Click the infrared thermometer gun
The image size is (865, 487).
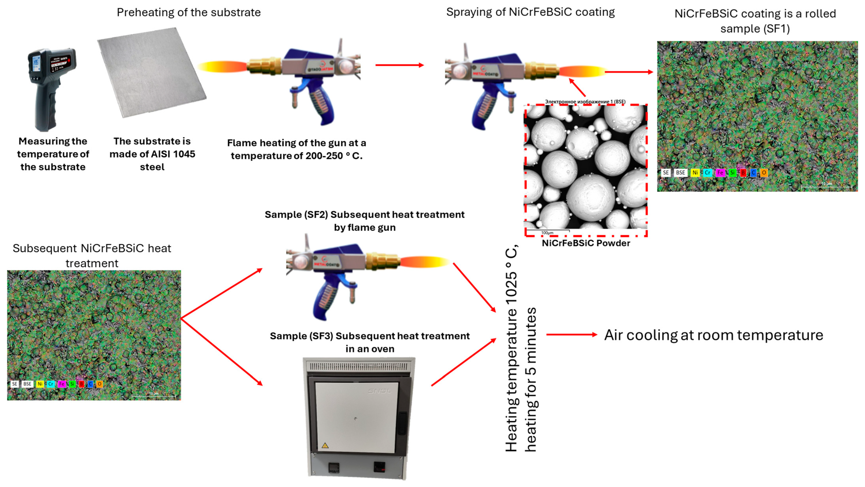(50, 87)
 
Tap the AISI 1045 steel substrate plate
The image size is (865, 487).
(151, 72)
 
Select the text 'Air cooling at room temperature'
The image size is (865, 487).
(714, 335)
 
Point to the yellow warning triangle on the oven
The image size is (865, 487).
(325, 446)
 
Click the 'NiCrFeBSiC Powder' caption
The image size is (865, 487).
(586, 243)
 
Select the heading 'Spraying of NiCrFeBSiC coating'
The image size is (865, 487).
(530, 12)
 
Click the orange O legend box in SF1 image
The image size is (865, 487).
(764, 173)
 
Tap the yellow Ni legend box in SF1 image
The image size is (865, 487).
(695, 173)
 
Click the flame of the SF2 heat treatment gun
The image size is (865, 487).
(425, 262)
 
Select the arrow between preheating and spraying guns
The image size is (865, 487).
(400, 65)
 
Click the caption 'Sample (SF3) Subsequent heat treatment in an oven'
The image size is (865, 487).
(370, 342)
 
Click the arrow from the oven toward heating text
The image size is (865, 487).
(463, 363)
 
